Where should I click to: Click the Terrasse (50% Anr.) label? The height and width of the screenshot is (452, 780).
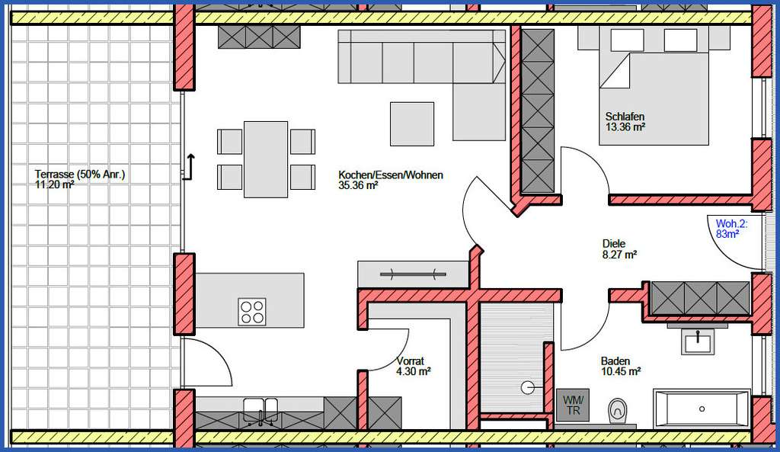click(79, 175)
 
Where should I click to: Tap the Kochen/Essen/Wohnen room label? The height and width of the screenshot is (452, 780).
click(391, 175)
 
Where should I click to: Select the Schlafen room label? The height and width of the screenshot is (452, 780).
click(625, 117)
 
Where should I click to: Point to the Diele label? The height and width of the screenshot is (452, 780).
click(613, 245)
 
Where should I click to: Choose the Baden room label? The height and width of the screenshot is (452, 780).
click(615, 361)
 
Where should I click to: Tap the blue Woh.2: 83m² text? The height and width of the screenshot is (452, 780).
click(731, 229)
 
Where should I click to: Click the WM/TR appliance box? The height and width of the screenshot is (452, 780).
click(572, 404)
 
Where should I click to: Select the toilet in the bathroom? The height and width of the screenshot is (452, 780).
click(617, 411)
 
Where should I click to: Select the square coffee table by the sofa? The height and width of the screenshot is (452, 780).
click(411, 123)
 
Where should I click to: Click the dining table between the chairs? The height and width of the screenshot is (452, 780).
click(266, 159)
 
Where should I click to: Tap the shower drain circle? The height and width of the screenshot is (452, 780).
click(528, 387)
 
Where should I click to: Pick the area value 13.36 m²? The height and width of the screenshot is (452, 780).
click(625, 127)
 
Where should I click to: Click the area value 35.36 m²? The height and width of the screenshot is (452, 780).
click(359, 185)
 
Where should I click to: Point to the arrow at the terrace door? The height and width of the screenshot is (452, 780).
click(190, 164)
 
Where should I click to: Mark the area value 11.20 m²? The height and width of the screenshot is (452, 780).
click(54, 184)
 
